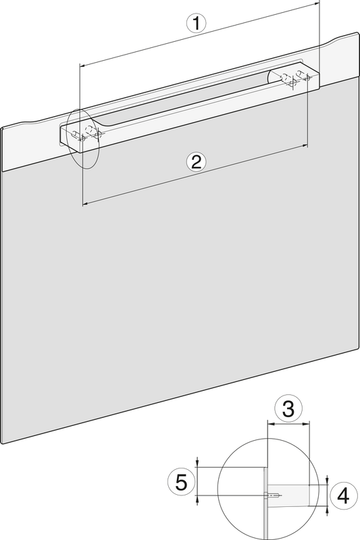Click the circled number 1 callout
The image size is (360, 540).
pos(196,24)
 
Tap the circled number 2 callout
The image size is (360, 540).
pos(196,161)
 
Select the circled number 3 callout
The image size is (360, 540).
pos(288,408)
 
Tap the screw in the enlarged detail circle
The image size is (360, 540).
pos(273,496)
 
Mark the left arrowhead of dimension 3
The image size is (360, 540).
pos(270,424)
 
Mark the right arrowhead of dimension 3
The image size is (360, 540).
pos(307,424)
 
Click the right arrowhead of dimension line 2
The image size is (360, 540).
pos(305,146)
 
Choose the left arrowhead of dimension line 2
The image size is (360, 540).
pos(85,205)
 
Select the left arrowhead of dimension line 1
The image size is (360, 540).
pos(82,64)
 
